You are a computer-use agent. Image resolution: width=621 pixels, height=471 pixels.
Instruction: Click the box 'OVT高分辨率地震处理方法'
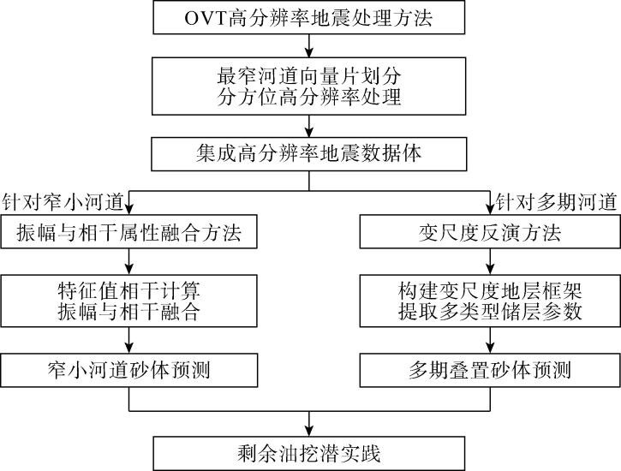310,16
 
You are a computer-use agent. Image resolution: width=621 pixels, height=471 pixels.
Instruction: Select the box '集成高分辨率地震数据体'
310,157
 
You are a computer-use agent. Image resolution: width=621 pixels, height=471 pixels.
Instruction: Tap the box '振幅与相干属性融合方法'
128,230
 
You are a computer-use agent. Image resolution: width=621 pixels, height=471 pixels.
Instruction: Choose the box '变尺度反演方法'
489,230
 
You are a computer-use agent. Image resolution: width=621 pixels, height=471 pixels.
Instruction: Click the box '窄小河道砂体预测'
128,371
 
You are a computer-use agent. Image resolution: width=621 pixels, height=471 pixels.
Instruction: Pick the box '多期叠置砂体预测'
489,371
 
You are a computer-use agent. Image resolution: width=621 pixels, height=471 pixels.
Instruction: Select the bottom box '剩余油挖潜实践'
310,450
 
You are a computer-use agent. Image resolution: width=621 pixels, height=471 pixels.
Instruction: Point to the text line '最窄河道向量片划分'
310,75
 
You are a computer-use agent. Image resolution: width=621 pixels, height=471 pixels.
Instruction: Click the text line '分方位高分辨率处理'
310,96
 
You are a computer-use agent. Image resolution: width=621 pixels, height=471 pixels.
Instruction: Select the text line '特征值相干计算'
128,289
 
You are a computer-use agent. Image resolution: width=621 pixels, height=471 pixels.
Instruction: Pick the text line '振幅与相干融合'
128,311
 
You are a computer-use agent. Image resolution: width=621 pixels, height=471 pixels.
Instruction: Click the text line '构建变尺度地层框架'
489,289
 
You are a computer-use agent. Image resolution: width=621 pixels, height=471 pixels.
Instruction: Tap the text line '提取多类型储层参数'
489,311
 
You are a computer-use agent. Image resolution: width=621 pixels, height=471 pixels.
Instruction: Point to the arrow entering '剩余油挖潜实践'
310,423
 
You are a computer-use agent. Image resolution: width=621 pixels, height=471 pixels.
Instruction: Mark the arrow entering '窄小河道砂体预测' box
128,342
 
